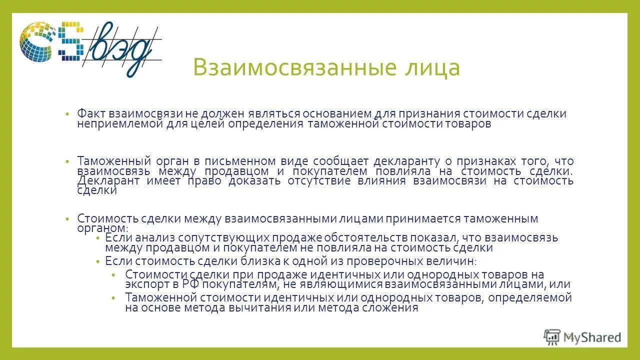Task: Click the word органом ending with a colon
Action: [x=99, y=228]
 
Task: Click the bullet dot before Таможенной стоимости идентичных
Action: [x=114, y=298]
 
